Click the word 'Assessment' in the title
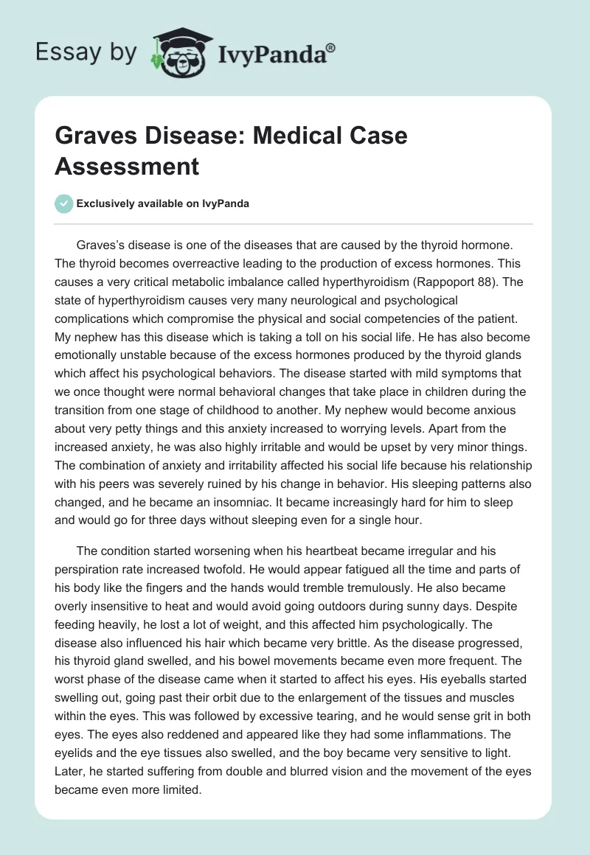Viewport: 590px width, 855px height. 127,166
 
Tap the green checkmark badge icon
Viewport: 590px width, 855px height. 64,203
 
